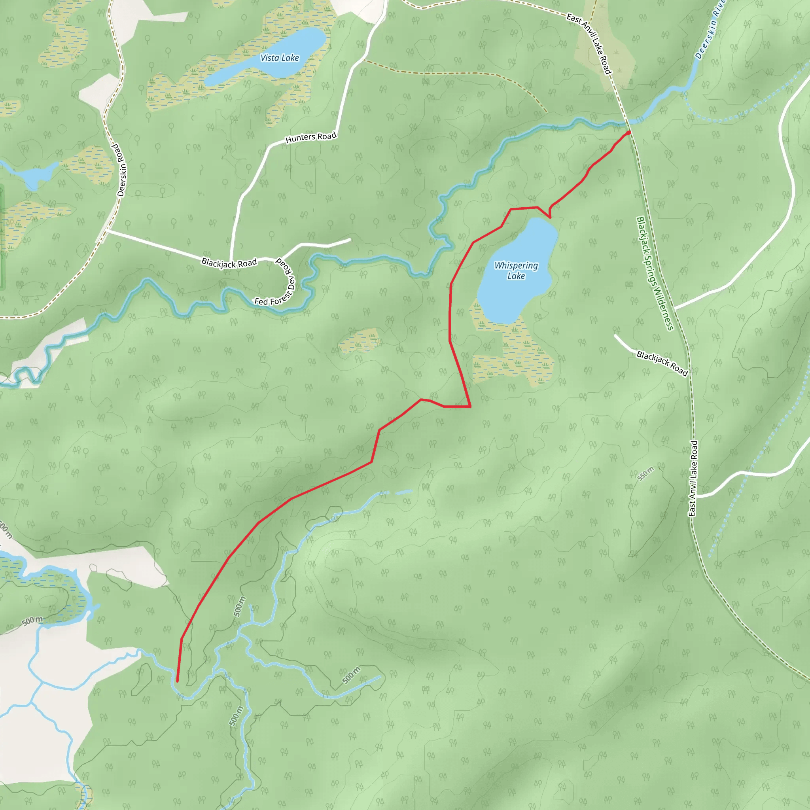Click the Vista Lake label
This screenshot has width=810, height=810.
tap(280, 58)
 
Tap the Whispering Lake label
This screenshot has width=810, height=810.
tap(516, 271)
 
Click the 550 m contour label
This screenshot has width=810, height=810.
tap(645, 474)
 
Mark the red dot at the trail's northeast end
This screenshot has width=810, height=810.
tap(628, 133)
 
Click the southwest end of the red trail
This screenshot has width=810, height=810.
tap(177, 681)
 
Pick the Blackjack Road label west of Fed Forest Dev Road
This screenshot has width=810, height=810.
tap(229, 263)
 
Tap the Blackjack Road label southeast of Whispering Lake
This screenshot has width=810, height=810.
tap(662, 363)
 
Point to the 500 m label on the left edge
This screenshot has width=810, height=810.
tap(32, 621)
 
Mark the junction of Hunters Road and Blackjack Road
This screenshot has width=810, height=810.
tap(231, 261)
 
